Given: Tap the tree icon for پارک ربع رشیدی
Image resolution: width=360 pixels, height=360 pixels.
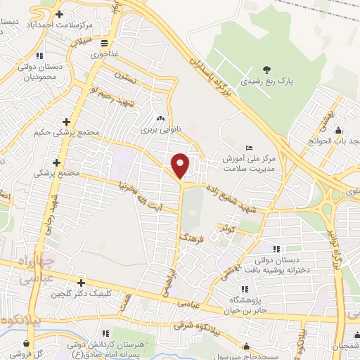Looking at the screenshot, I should pos(266,69).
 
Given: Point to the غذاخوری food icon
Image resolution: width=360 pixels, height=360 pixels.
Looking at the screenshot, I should pos(104,41).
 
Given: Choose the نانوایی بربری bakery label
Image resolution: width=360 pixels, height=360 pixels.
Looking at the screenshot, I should pos(155,130).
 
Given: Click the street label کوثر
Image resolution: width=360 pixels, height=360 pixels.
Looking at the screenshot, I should pos(226,229).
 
